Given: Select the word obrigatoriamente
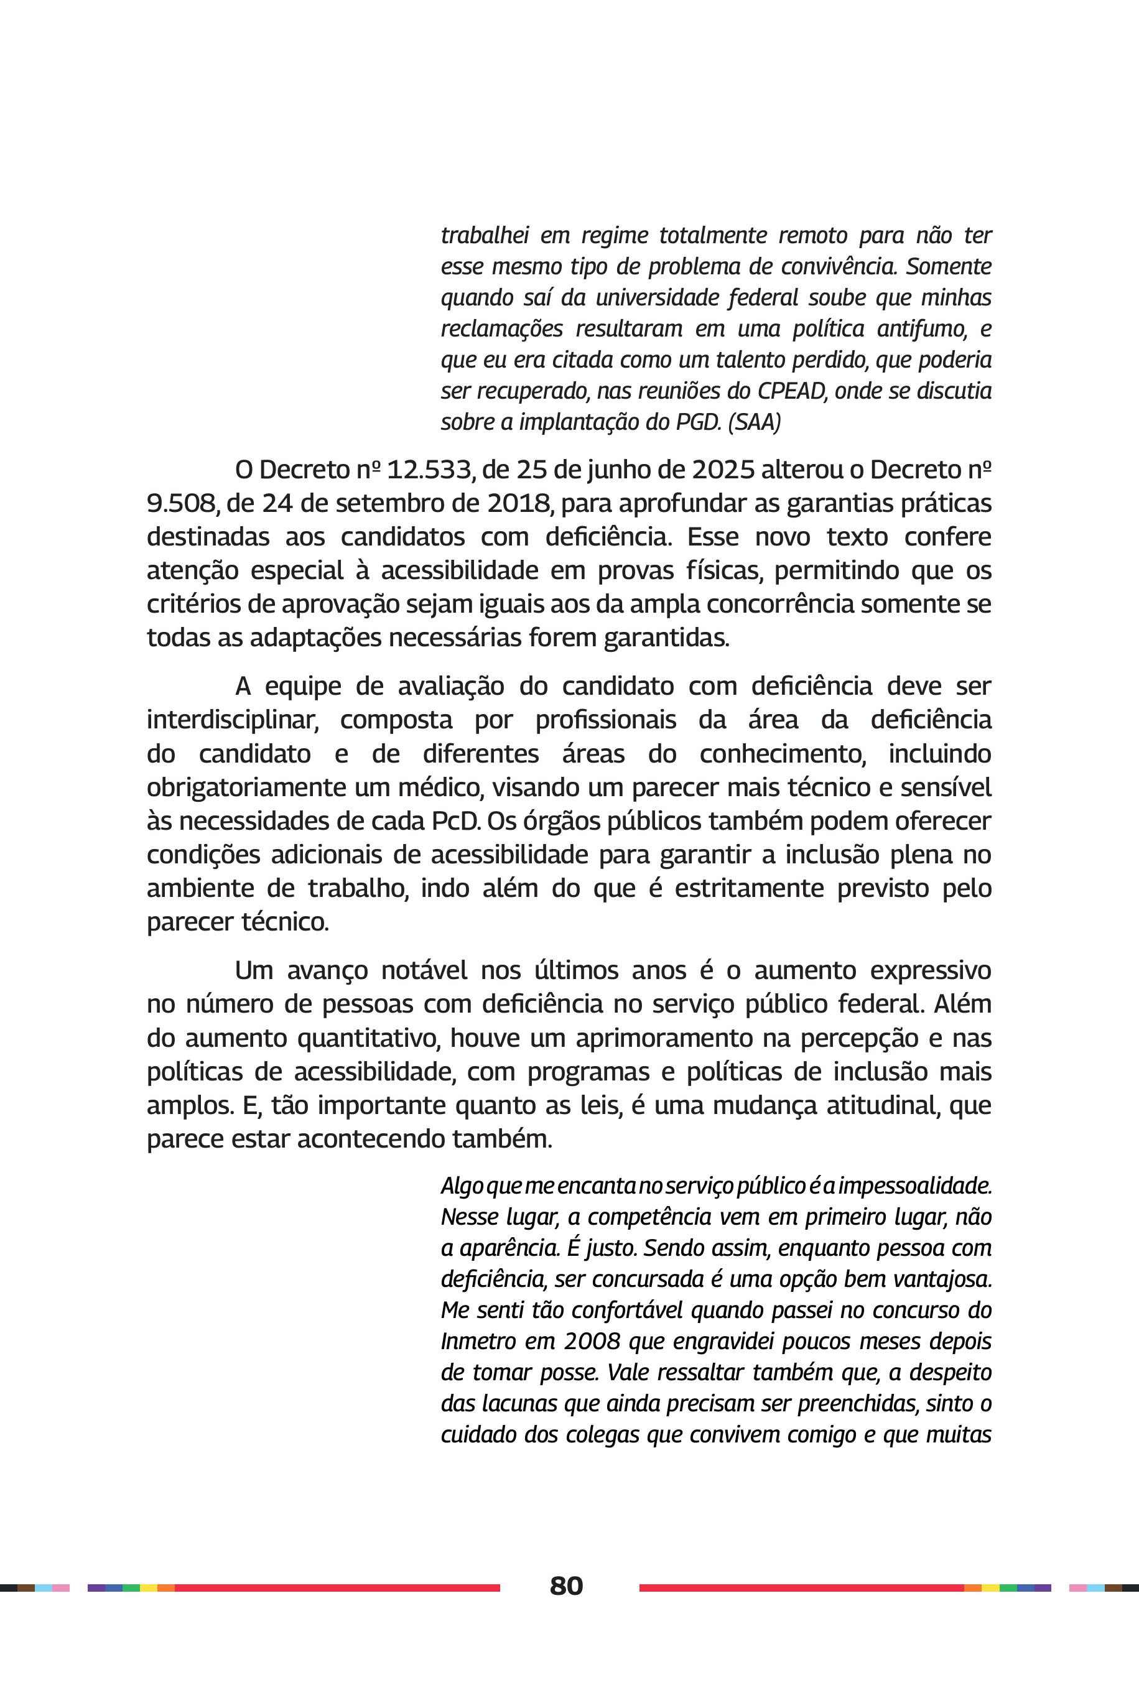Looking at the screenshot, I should coord(246,787).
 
